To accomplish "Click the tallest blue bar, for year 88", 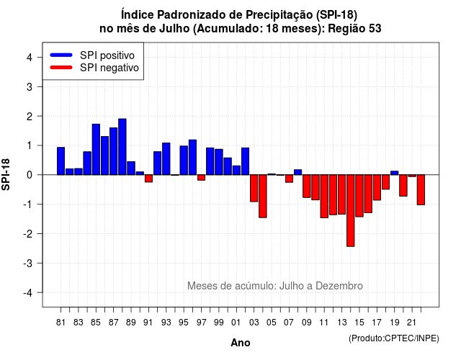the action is [x=122, y=147].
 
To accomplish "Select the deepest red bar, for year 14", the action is [x=351, y=210].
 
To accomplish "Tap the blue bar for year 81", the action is [x=61, y=161].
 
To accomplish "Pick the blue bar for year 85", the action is [x=96, y=149].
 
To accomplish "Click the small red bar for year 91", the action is [x=149, y=179].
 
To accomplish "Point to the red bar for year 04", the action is [x=263, y=196].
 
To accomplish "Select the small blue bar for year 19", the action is [x=395, y=173].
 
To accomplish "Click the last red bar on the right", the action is [x=421, y=189].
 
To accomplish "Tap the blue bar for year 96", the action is [x=192, y=157].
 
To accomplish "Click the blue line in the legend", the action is [x=61, y=55].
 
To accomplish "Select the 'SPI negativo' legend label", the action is [x=109, y=68].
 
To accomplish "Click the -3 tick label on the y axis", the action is [x=28, y=264].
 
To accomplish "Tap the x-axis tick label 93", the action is [x=166, y=323].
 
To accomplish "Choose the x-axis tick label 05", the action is [x=272, y=323].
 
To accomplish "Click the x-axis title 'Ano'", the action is [x=241, y=343].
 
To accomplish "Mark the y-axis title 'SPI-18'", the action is [x=6, y=174].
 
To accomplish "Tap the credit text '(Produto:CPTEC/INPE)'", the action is [x=394, y=338].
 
